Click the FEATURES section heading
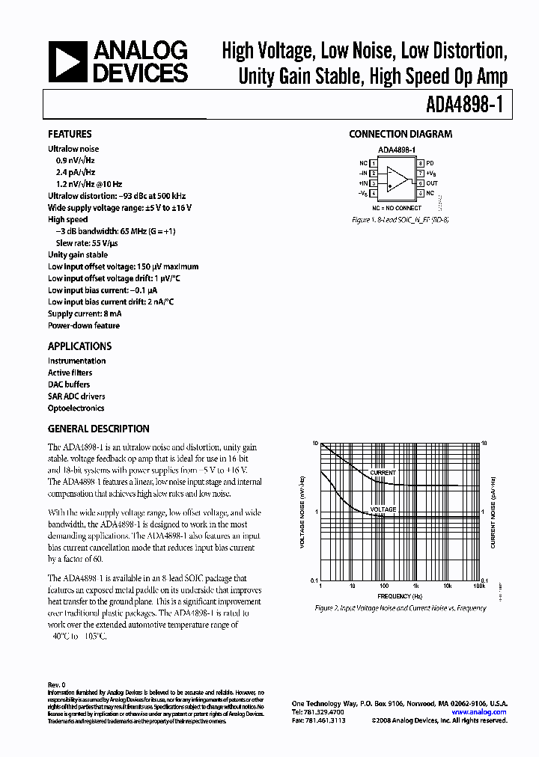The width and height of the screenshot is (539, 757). pyautogui.click(x=70, y=135)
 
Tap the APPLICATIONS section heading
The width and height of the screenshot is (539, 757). pyautogui.click(x=79, y=346)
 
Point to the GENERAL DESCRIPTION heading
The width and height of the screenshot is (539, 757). pyautogui.click(x=98, y=429)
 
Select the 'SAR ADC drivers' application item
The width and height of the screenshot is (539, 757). pyautogui.click(x=76, y=396)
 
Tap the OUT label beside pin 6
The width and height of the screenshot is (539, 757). pyautogui.click(x=433, y=183)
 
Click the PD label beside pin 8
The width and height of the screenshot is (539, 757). pyautogui.click(x=430, y=162)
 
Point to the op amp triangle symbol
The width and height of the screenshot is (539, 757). pyautogui.click(x=399, y=178)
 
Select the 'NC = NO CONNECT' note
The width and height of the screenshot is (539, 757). pyautogui.click(x=398, y=207)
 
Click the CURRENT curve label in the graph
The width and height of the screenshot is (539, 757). pyautogui.click(x=383, y=473)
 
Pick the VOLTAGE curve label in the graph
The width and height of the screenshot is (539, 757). pyautogui.click(x=383, y=510)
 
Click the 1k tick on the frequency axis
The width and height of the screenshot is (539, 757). pyautogui.click(x=415, y=586)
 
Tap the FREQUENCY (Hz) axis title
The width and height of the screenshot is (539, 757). pyautogui.click(x=398, y=596)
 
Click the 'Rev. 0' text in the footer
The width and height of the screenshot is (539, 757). pyautogui.click(x=58, y=684)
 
